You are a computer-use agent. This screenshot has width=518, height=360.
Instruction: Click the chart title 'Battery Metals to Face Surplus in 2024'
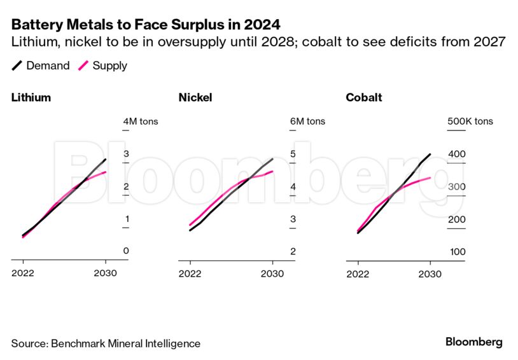(146, 25)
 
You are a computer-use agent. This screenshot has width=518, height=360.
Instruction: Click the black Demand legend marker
(17, 66)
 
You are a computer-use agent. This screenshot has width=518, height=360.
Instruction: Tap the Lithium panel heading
(31, 98)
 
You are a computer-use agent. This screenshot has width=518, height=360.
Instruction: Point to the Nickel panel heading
(195, 98)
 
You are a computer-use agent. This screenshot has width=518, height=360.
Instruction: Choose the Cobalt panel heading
(364, 98)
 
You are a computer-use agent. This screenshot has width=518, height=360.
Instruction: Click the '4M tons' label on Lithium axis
(140, 121)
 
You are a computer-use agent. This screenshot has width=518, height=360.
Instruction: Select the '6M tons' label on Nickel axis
(307, 121)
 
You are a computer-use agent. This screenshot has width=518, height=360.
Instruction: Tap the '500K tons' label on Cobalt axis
(470, 121)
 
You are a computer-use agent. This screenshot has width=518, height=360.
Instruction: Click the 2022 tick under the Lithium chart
(23, 273)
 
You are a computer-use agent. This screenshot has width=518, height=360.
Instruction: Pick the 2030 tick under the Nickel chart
(272, 273)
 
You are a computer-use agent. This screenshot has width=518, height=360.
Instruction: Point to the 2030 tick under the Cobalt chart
(430, 273)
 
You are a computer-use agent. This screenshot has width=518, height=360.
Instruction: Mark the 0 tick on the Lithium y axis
(126, 251)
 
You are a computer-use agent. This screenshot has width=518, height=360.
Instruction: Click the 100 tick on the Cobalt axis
(457, 251)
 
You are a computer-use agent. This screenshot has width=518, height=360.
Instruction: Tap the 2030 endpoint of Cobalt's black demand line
(431, 154)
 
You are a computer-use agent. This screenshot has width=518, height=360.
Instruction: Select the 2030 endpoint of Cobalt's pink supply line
(431, 177)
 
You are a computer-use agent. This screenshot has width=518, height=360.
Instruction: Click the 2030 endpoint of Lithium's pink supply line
(106, 172)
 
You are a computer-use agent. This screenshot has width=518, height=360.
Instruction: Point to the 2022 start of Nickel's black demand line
(190, 230)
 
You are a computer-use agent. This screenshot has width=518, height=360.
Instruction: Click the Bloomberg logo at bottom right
(473, 342)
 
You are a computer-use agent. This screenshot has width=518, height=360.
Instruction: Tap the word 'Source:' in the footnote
(28, 343)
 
